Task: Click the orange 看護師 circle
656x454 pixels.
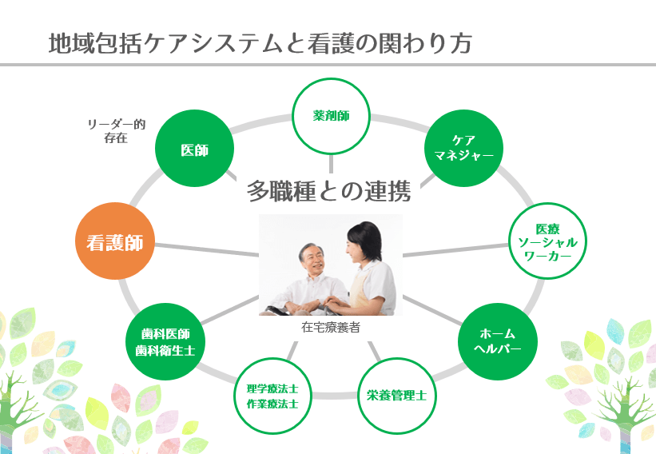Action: click(x=115, y=241)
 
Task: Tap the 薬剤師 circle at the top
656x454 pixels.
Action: click(x=331, y=116)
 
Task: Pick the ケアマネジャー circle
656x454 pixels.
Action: click(x=464, y=147)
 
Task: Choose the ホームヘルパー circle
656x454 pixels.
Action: click(x=497, y=341)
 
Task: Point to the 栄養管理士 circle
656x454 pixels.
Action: click(x=396, y=395)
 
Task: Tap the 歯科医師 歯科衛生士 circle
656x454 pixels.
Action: click(x=166, y=341)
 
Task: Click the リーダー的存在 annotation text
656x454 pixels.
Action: click(x=116, y=130)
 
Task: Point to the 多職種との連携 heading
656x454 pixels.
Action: click(x=328, y=191)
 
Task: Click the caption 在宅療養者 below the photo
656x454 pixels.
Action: click(x=331, y=327)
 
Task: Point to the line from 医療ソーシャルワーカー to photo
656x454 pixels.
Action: click(x=455, y=250)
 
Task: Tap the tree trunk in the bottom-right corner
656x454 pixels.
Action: click(x=631, y=432)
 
